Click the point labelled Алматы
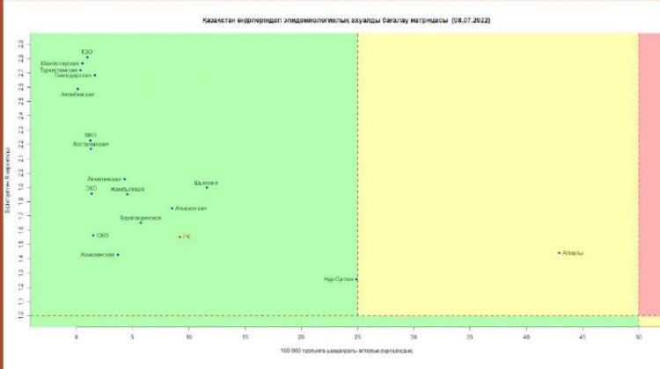[560, 253]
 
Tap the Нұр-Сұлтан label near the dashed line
[339, 279]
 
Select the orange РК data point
[180, 237]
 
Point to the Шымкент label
[206, 183]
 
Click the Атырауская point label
[190, 208]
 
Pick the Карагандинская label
[141, 217]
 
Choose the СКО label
[102, 235]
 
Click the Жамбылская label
[127, 189]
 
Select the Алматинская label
[105, 179]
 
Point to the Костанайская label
[91, 144]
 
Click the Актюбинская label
[77, 93]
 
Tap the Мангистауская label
[60, 63]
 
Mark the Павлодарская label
[72, 76]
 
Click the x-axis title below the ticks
[346, 351]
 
